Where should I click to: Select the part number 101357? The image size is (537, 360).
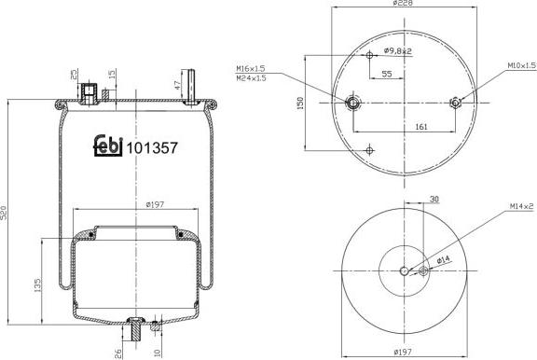click(150, 146)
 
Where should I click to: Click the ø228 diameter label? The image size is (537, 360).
click(405, 5)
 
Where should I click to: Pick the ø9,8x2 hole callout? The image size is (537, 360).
click(397, 51)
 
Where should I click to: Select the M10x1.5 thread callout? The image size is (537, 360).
click(521, 66)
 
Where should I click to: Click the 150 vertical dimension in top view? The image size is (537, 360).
click(300, 103)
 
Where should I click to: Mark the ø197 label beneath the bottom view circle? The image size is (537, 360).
click(405, 353)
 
